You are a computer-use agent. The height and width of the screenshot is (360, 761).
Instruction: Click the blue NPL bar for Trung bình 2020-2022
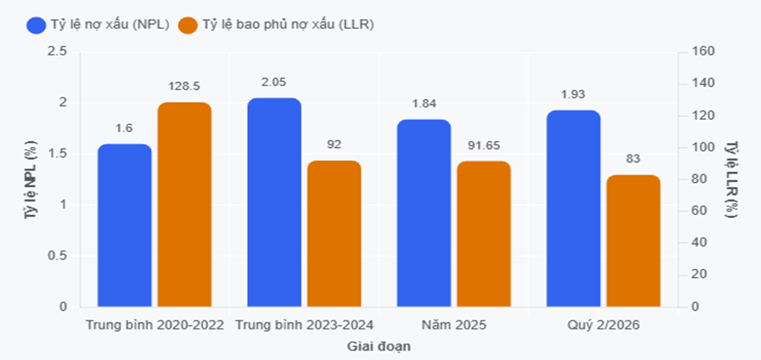[x=125, y=226]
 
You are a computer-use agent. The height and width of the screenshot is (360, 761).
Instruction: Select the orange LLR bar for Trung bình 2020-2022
[x=184, y=205]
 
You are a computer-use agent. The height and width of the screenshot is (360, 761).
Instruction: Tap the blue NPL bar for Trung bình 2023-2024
[x=275, y=202]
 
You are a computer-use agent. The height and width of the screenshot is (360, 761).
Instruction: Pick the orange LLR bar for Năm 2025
[x=484, y=234]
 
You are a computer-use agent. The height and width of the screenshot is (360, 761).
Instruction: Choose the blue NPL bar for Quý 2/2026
[x=573, y=209]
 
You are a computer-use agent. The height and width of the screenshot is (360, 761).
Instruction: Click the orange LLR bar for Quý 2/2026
[x=633, y=241]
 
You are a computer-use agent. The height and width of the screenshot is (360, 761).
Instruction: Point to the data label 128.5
[x=184, y=86]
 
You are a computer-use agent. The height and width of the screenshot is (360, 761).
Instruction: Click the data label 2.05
[x=275, y=82]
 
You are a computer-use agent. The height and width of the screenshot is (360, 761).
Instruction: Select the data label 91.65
[x=484, y=145]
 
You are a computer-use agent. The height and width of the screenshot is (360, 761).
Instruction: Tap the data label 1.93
[x=573, y=94]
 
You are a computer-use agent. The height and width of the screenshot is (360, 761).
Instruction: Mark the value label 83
[x=633, y=159]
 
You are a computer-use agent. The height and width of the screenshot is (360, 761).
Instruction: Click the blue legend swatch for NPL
[x=36, y=25]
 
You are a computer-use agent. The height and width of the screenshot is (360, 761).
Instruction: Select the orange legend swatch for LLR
[x=188, y=25]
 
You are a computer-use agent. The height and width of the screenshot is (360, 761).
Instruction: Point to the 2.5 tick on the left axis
[x=58, y=52]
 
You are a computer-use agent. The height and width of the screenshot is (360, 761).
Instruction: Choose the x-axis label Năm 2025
[x=453, y=325]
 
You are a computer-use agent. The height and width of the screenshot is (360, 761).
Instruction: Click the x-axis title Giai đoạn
[x=379, y=347]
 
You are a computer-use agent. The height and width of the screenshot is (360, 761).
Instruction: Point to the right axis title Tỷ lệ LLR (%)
[x=730, y=179]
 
